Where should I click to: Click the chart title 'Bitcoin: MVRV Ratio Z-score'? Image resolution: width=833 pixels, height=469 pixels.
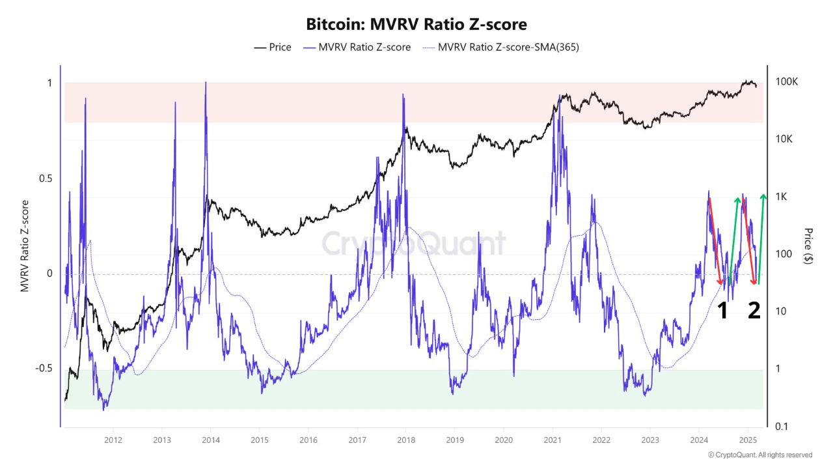click(x=416, y=24)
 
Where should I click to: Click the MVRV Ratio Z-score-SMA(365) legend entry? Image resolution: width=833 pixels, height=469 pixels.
click(x=500, y=47)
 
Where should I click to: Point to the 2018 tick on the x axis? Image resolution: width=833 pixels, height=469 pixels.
click(x=405, y=440)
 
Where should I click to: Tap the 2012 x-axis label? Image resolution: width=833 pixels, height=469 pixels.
click(x=113, y=440)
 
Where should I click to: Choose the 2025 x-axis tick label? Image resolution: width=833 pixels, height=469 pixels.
click(x=748, y=440)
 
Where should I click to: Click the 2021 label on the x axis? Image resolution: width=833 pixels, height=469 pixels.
click(x=552, y=440)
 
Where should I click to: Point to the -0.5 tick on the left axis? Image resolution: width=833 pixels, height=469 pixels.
click(x=44, y=368)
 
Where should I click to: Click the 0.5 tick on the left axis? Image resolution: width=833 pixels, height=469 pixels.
click(x=47, y=178)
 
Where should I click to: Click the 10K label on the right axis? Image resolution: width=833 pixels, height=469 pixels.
click(x=785, y=139)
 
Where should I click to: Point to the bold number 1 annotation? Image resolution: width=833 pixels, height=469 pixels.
click(x=722, y=311)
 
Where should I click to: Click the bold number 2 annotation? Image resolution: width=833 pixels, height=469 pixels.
click(x=754, y=311)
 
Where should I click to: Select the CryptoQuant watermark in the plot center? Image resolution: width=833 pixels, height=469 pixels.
click(x=414, y=244)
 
